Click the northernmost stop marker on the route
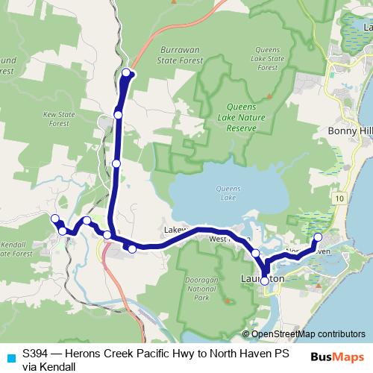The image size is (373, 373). coord(127,72)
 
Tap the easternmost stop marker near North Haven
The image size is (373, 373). coord(317,237)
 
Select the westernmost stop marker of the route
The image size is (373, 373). coord(54,218)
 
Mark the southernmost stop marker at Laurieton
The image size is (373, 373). coord(264,281)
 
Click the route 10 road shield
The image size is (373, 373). coord(339,200)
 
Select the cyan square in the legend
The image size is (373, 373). coord(10,357)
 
